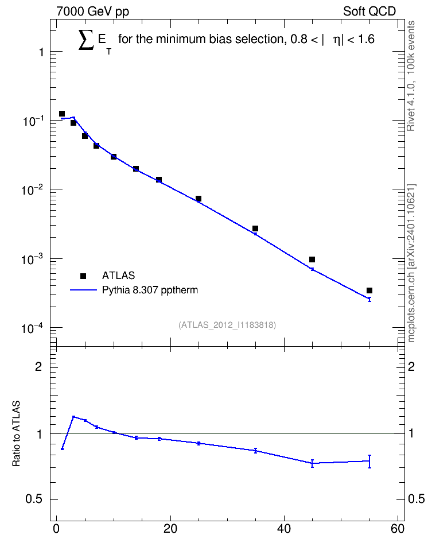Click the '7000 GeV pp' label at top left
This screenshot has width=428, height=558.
[x=92, y=11]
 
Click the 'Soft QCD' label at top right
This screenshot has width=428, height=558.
[x=369, y=11]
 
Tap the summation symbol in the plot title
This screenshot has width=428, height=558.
[x=86, y=40]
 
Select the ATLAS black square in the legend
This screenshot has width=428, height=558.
[x=83, y=276]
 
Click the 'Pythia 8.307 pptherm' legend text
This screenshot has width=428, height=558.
[x=150, y=290]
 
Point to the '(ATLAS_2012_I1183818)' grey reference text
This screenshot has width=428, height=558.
[x=227, y=324]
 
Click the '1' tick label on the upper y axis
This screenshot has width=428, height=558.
[x=41, y=52]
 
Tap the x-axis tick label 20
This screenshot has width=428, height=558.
[x=170, y=529]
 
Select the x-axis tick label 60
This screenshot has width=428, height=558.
[x=398, y=529]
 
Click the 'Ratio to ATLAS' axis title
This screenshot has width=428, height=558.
[x=16, y=433]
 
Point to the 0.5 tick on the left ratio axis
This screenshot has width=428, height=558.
[x=34, y=499]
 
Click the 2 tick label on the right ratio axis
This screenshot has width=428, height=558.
[x=411, y=366]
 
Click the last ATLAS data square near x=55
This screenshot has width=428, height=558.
[x=369, y=290]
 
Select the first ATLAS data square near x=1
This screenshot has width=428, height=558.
[x=62, y=114]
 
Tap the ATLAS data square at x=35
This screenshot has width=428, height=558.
[x=255, y=228]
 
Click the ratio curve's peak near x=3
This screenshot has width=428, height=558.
[x=73, y=416]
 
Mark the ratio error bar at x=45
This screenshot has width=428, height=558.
[x=312, y=463]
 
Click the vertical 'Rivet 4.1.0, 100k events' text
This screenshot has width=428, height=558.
[x=411, y=76]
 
